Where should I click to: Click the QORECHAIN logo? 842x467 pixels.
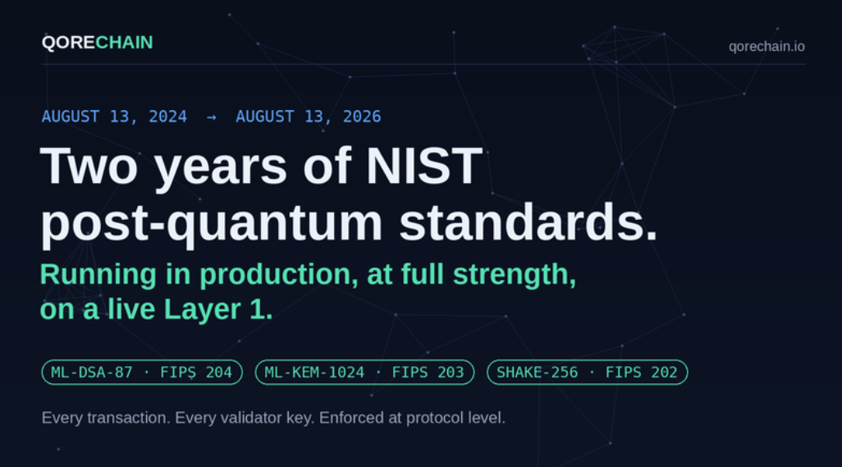97,43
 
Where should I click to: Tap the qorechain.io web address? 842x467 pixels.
766,47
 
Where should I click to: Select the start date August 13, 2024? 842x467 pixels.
114,117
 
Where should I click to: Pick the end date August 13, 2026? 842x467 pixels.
309,117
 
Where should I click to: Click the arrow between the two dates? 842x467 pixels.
211,117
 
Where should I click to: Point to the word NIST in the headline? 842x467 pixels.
423,166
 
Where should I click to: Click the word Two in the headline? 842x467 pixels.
89,166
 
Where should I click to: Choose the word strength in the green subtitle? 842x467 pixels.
514,276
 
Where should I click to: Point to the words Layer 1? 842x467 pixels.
218,309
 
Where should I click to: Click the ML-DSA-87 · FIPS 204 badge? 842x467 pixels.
142,372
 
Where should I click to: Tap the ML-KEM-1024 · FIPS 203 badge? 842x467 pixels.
364,372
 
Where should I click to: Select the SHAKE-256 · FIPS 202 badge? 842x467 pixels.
587,372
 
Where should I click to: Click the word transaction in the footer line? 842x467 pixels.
128,418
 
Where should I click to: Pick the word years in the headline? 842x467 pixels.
220,168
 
